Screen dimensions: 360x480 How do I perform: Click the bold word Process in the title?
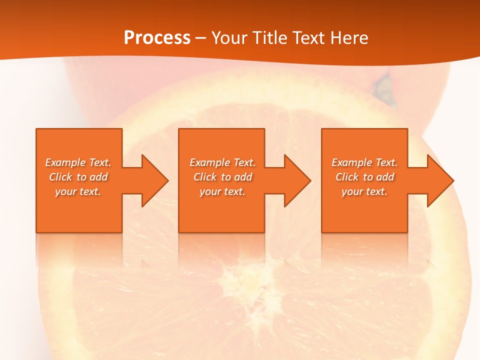157,37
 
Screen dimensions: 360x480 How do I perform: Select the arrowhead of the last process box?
439,180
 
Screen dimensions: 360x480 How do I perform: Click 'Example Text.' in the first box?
78,162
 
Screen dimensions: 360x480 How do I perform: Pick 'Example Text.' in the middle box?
222,162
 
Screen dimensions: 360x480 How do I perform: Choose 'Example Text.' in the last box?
364,162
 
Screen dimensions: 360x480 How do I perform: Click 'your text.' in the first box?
78,191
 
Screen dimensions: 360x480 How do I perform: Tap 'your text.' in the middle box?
222,191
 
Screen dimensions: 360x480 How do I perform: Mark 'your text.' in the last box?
364,191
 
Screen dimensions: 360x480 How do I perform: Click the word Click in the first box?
60,177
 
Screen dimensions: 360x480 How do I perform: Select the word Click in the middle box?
205,177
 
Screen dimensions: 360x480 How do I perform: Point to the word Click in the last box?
347,177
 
